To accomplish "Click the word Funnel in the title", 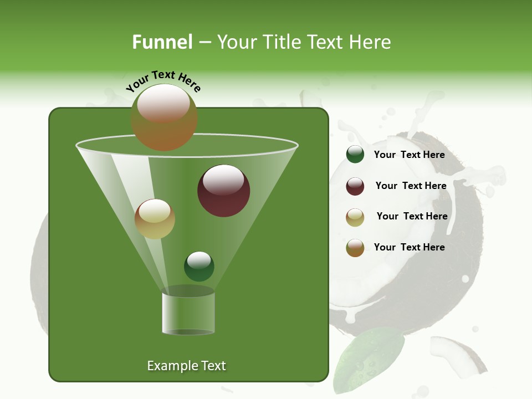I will click(162, 42).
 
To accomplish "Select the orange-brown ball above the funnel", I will click(164, 117).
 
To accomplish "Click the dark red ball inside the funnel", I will click(223, 191).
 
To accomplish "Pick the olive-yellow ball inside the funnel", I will click(155, 219).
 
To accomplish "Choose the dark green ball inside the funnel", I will click(199, 266).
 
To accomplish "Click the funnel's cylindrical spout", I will click(188, 313).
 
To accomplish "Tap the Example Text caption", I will click(186, 366).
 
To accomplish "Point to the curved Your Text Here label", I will click(163, 80).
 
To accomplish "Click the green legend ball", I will click(355, 155).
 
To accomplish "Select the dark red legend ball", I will click(355, 186).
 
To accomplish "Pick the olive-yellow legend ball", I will click(355, 217).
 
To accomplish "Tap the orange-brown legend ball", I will click(355, 248).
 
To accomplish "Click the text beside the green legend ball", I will click(409, 155).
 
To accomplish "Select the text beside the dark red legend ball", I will click(411, 186).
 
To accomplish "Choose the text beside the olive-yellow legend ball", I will click(412, 216).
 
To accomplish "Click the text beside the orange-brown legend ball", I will click(409, 247).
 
